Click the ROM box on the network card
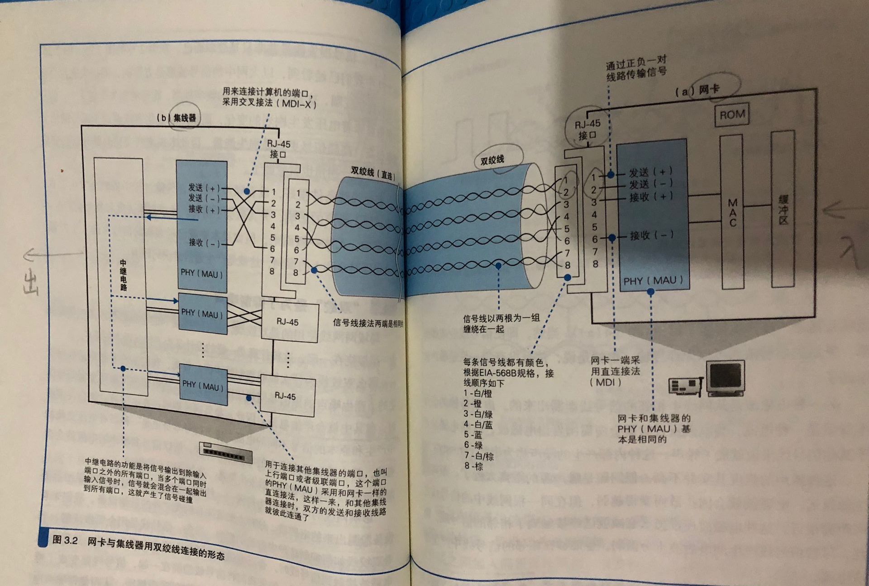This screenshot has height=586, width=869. [x=732, y=115]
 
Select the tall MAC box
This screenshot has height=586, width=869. [x=732, y=212]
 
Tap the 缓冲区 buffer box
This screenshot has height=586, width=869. [x=783, y=209]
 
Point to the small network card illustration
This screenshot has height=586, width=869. [x=686, y=386]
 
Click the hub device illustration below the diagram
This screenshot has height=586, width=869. [x=226, y=453]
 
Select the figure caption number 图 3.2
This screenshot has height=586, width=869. [x=65, y=539]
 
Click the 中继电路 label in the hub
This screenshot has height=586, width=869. [x=123, y=275]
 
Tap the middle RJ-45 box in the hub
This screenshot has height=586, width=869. [x=288, y=322]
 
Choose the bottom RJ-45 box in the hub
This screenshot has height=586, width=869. [x=285, y=396]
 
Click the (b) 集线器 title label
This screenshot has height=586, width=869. [x=177, y=118]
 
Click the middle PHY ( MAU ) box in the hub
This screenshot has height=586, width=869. [x=202, y=314]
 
